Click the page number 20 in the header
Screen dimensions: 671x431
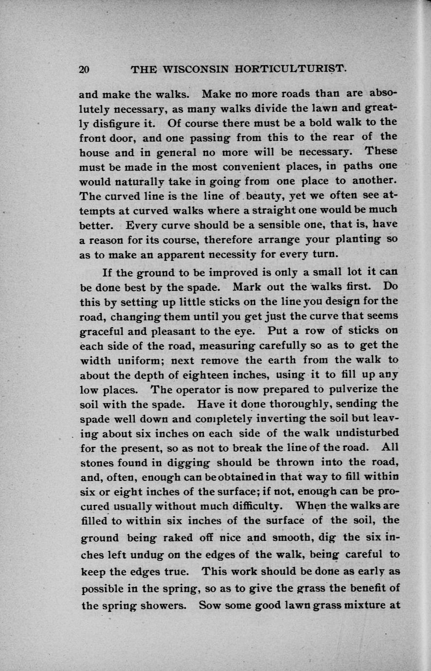point(84,69)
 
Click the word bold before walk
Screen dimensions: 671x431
point(322,121)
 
